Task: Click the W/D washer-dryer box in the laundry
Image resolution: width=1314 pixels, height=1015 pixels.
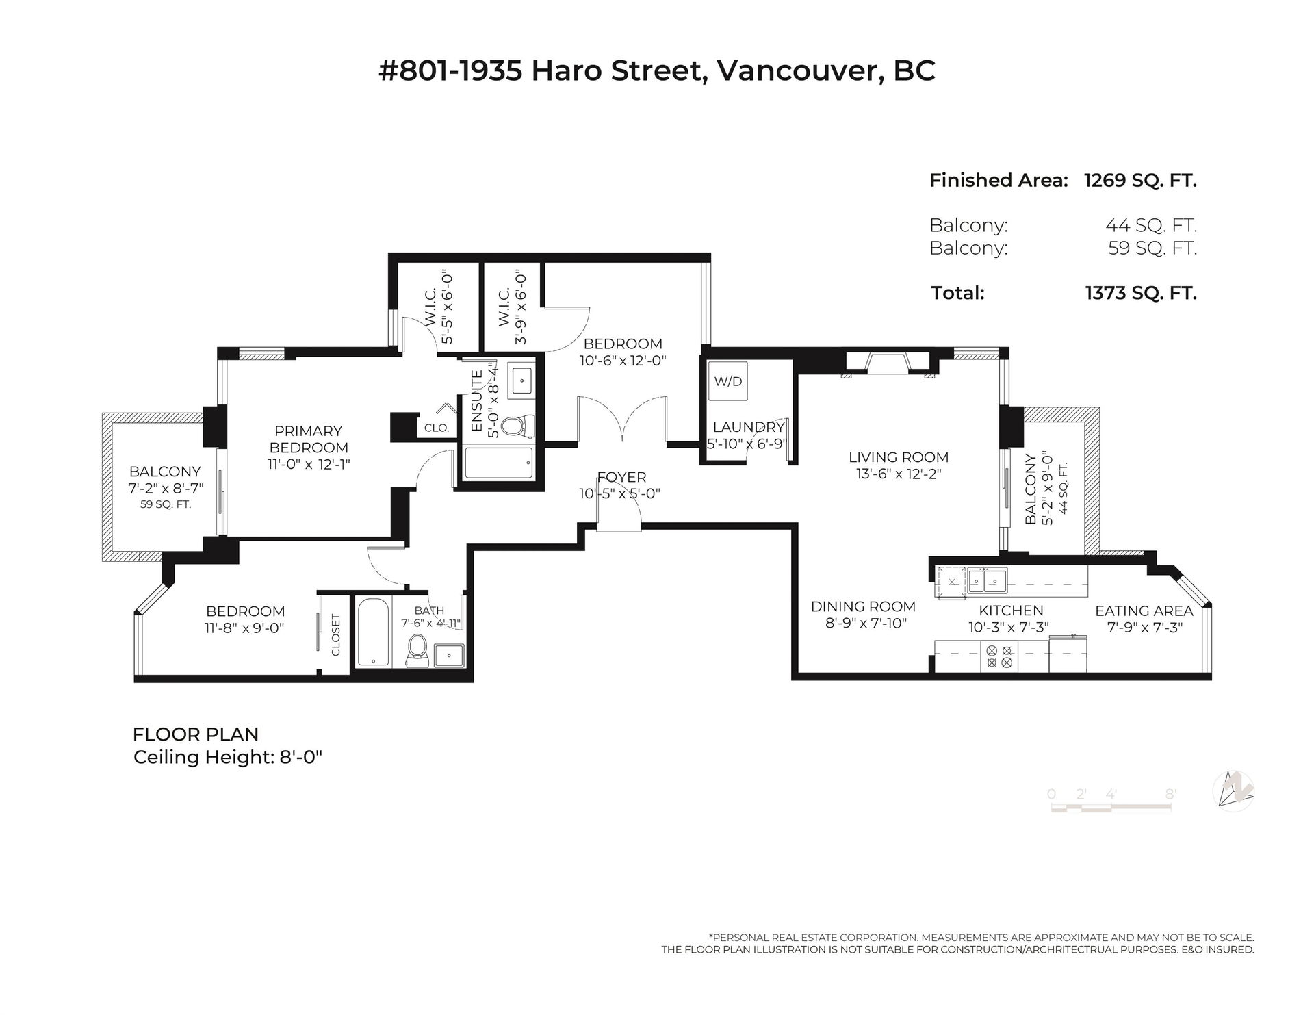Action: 728,381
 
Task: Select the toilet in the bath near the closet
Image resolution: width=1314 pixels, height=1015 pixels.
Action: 417,651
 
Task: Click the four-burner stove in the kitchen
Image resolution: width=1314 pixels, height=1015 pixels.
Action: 999,657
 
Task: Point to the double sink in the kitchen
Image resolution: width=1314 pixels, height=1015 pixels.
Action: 985,580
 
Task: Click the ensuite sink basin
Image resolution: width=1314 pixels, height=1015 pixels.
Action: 524,378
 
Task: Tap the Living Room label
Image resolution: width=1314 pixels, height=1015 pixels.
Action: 899,457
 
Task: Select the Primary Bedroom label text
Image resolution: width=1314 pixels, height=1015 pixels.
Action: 308,439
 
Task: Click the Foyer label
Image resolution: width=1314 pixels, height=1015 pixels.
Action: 621,477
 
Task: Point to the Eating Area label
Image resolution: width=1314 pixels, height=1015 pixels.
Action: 1144,611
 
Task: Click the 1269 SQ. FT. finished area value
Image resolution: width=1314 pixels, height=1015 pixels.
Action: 1141,181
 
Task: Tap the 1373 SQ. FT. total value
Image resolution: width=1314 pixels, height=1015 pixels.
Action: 1141,294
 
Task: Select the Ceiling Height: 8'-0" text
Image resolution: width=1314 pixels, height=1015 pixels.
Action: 228,757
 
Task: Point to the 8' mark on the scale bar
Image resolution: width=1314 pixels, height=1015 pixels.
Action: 1171,795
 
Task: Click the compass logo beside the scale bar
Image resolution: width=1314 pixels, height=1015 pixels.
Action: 1233,792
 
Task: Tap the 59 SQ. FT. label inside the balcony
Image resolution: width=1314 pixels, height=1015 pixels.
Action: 165,504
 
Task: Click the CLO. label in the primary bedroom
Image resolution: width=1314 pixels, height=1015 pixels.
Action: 437,428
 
